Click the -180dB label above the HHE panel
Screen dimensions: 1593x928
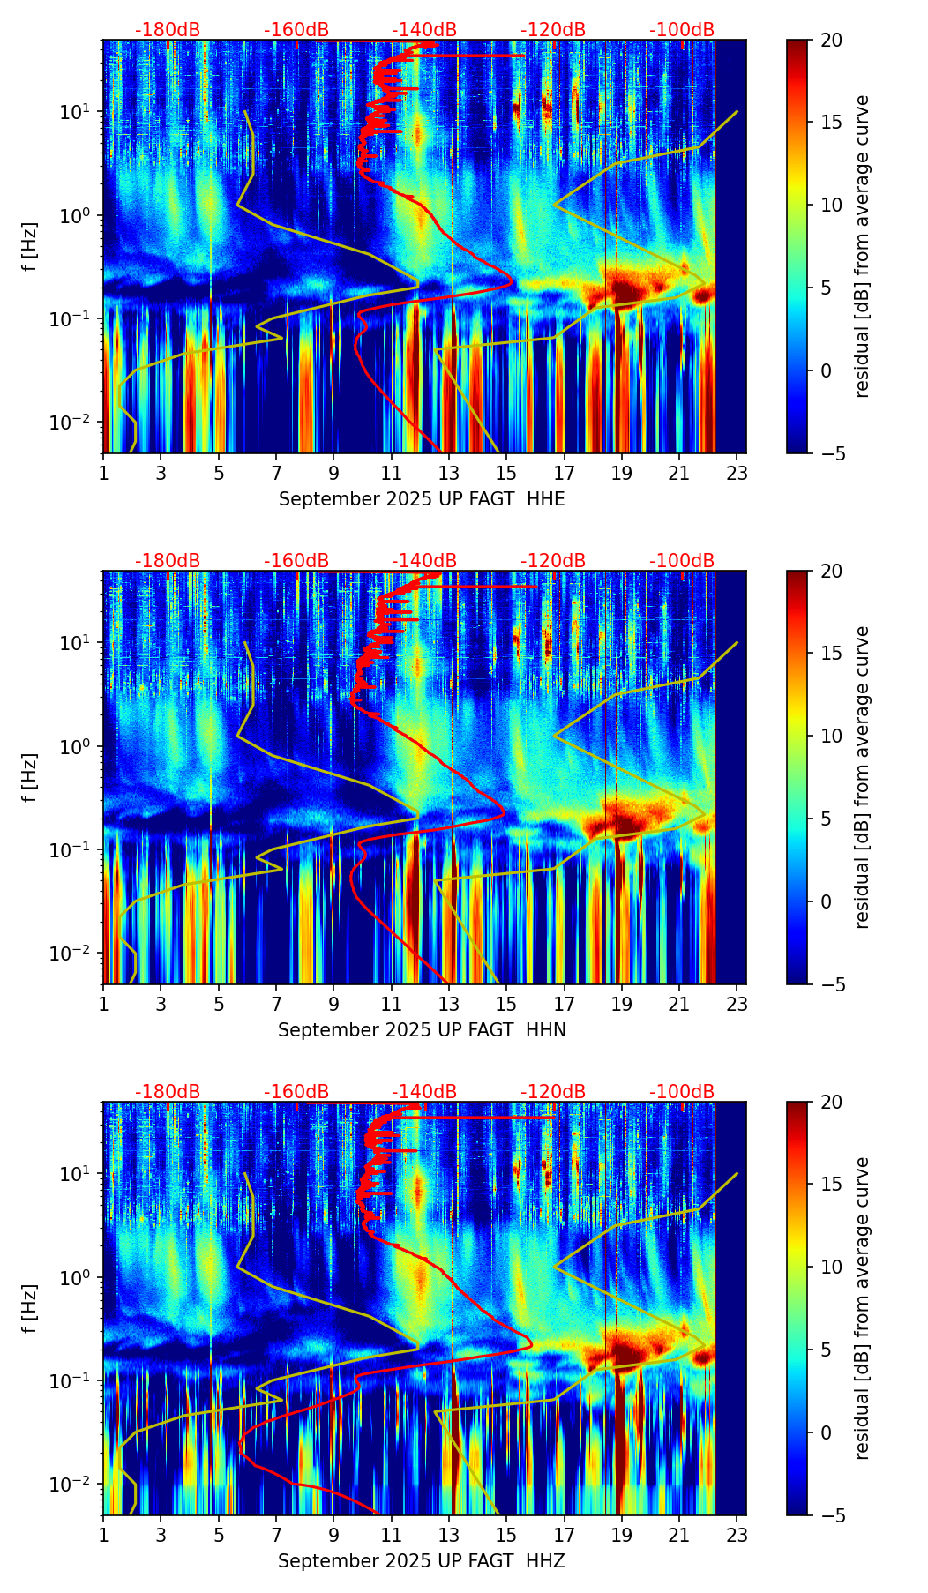point(168,30)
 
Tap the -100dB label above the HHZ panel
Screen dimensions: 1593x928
point(682,1092)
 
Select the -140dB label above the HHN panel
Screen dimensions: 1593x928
point(424,561)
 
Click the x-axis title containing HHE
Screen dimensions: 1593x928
point(422,499)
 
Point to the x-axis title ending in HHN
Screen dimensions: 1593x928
point(422,1030)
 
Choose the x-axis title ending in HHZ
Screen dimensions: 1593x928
point(422,1561)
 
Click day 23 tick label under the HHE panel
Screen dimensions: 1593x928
point(737,473)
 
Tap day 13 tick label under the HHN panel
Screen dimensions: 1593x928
point(449,1004)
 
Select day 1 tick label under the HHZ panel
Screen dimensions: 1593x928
point(103,1535)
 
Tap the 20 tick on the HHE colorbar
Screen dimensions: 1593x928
point(831,40)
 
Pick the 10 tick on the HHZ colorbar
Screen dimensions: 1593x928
point(831,1268)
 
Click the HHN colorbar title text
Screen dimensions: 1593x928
point(862,777)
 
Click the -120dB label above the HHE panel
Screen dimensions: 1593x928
point(553,30)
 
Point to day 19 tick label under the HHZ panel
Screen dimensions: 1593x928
point(622,1535)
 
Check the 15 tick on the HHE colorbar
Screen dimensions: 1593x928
point(831,123)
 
